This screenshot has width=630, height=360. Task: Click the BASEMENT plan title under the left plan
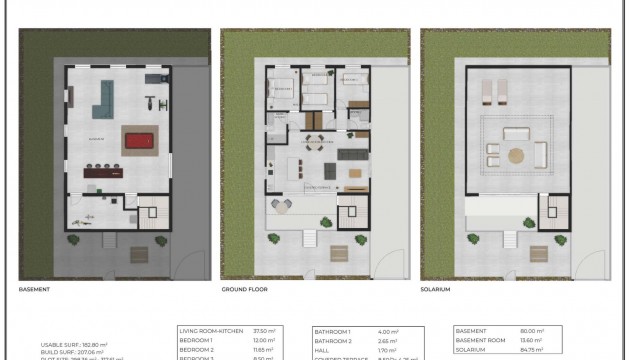pyautogui.click(x=35, y=288)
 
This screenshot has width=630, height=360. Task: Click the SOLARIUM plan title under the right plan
pyautogui.click(x=441, y=288)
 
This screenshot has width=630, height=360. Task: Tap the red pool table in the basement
pyautogui.click(x=136, y=138)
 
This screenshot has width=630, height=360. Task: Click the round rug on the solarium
pyautogui.click(x=515, y=155)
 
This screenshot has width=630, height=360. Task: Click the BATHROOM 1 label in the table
pyautogui.click(x=333, y=330)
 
